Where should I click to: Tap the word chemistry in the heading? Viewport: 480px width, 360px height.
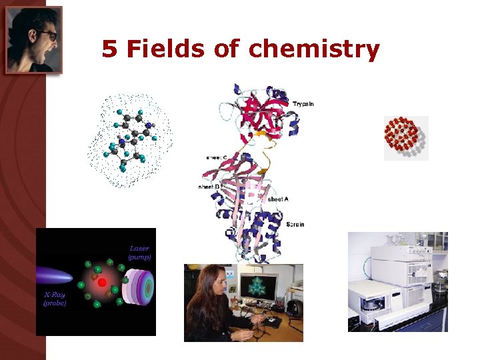click(313, 49)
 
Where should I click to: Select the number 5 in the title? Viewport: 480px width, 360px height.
click(109, 49)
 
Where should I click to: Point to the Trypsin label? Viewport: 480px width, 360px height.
click(303, 103)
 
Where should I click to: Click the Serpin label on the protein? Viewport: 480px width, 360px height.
click(295, 224)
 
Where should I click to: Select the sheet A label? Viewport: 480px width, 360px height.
click(277, 199)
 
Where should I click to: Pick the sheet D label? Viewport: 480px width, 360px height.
click(209, 187)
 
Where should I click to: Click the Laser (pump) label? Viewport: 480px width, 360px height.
click(139, 252)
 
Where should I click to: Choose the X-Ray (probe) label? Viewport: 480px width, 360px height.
click(55, 298)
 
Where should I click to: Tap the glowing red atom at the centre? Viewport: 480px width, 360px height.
click(102, 283)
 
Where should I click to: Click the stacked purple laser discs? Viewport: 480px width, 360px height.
click(141, 286)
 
